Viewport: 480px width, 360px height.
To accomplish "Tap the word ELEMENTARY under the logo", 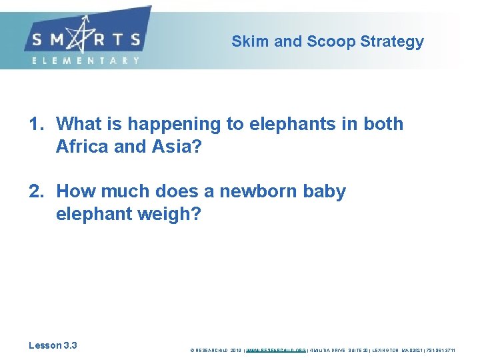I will point(86,60).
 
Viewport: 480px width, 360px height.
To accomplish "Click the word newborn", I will point(261,191).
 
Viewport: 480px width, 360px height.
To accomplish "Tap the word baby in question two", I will point(325,192).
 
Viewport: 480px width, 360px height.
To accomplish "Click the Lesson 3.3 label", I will point(53,345).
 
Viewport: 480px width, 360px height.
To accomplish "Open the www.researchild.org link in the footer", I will point(276,349).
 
